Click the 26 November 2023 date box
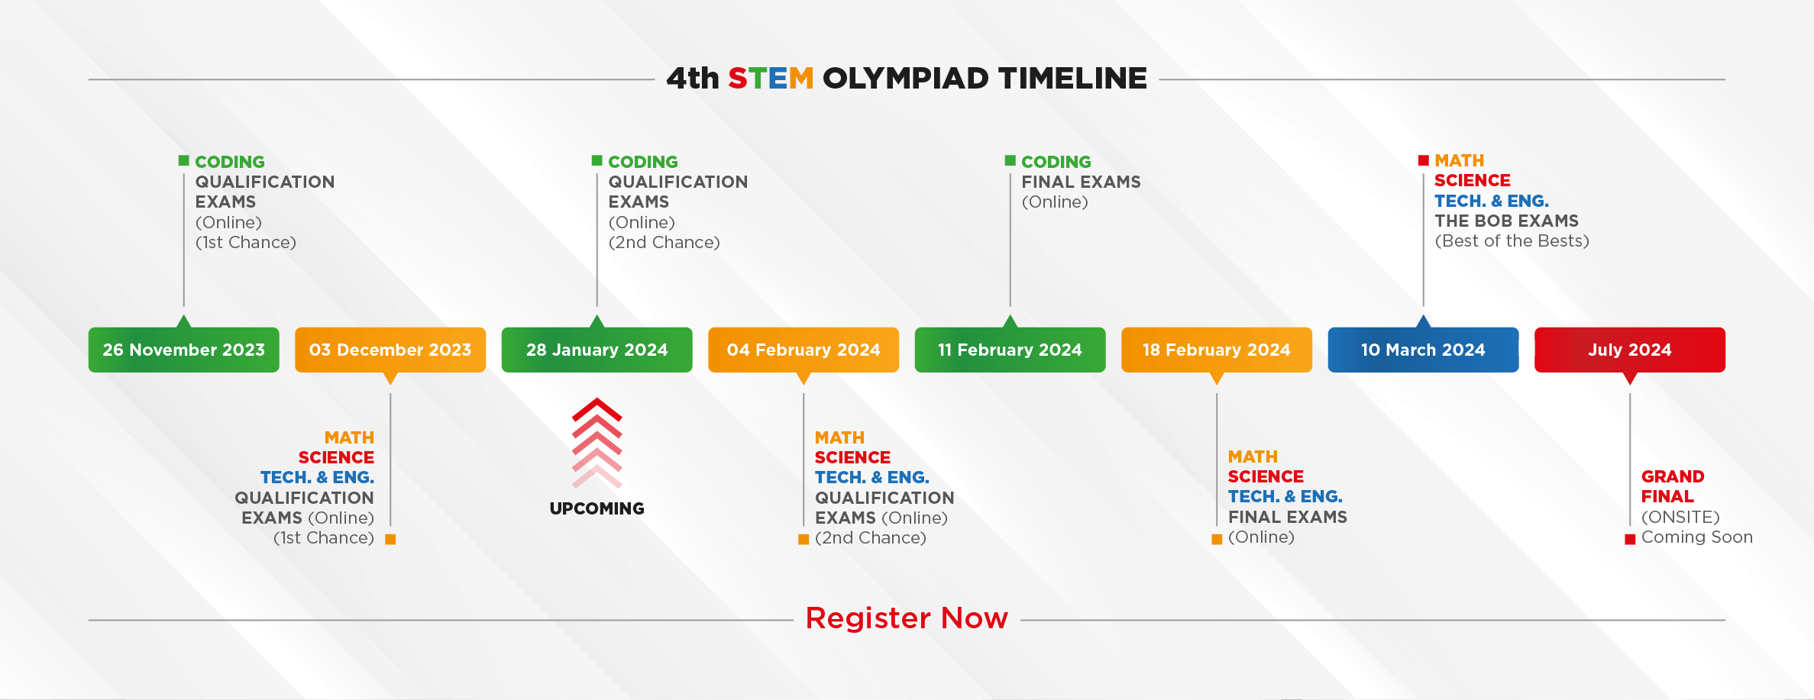tap(183, 350)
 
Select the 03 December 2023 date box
tap(390, 350)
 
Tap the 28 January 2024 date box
tap(597, 350)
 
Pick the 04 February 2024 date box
tap(804, 350)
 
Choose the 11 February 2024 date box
tap(1010, 350)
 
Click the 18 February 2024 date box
tap(1217, 350)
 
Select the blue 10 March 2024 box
tap(1423, 350)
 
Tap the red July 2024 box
tap(1630, 350)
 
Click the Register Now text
tap(907, 618)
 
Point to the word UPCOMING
tap(597, 508)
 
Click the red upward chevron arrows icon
tap(597, 443)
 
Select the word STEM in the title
tap(771, 78)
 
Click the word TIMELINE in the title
tap(1072, 78)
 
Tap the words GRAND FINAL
tap(1673, 486)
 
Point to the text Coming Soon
tap(1697, 537)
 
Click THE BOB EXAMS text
tap(1506, 221)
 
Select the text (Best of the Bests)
tap(1512, 241)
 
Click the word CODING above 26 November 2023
tap(230, 162)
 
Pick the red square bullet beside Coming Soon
tap(1630, 539)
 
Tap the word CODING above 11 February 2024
tap(1056, 162)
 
